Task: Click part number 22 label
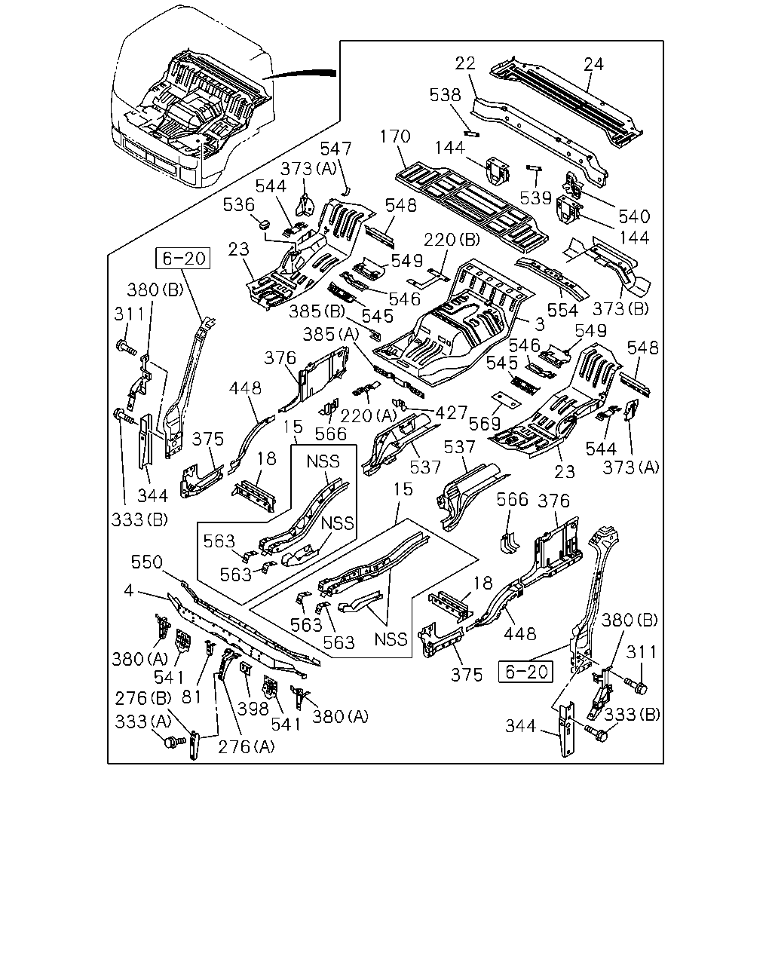coord(464,63)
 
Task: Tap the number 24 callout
coord(593,64)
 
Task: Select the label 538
coord(445,95)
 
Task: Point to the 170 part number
coord(395,136)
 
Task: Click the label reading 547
coord(335,149)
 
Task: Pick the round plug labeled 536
coord(264,223)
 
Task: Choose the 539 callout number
coord(535,198)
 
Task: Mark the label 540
coord(634,216)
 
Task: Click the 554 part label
coord(562,310)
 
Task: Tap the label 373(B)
coord(620,308)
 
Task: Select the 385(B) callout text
coord(317,311)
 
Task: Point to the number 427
coord(452,412)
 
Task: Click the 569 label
coord(485,424)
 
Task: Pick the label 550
coord(147,562)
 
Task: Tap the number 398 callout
coord(253,709)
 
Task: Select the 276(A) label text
coord(247,747)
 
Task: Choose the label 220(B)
coord(452,240)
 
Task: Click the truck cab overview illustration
coord(192,96)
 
